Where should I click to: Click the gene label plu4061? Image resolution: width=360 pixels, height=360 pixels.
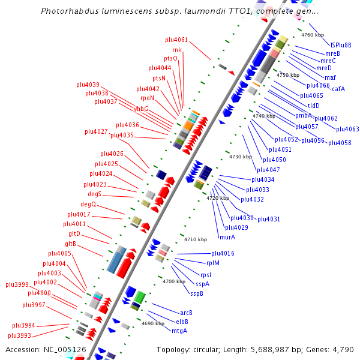click(x=176, y=40)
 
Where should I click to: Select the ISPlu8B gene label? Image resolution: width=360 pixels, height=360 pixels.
click(x=341, y=44)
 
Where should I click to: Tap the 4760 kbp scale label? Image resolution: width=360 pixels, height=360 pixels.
click(x=312, y=35)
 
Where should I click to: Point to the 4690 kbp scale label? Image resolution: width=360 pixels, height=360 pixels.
click(x=152, y=323)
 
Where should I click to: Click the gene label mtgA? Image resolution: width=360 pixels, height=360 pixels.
click(x=179, y=331)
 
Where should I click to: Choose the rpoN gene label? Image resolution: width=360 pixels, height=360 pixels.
click(x=148, y=98)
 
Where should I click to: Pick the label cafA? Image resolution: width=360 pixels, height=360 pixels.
click(x=338, y=89)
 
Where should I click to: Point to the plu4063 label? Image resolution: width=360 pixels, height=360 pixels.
click(x=347, y=129)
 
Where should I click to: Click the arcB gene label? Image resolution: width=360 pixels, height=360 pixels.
click(x=186, y=313)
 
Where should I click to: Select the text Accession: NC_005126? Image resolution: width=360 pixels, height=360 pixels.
click(x=46, y=349)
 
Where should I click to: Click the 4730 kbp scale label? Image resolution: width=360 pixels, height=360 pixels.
click(x=240, y=157)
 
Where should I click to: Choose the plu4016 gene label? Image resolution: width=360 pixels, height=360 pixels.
click(x=223, y=253)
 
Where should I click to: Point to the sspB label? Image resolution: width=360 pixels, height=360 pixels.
click(x=197, y=293)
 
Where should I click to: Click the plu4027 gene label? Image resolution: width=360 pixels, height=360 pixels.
click(x=96, y=131)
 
